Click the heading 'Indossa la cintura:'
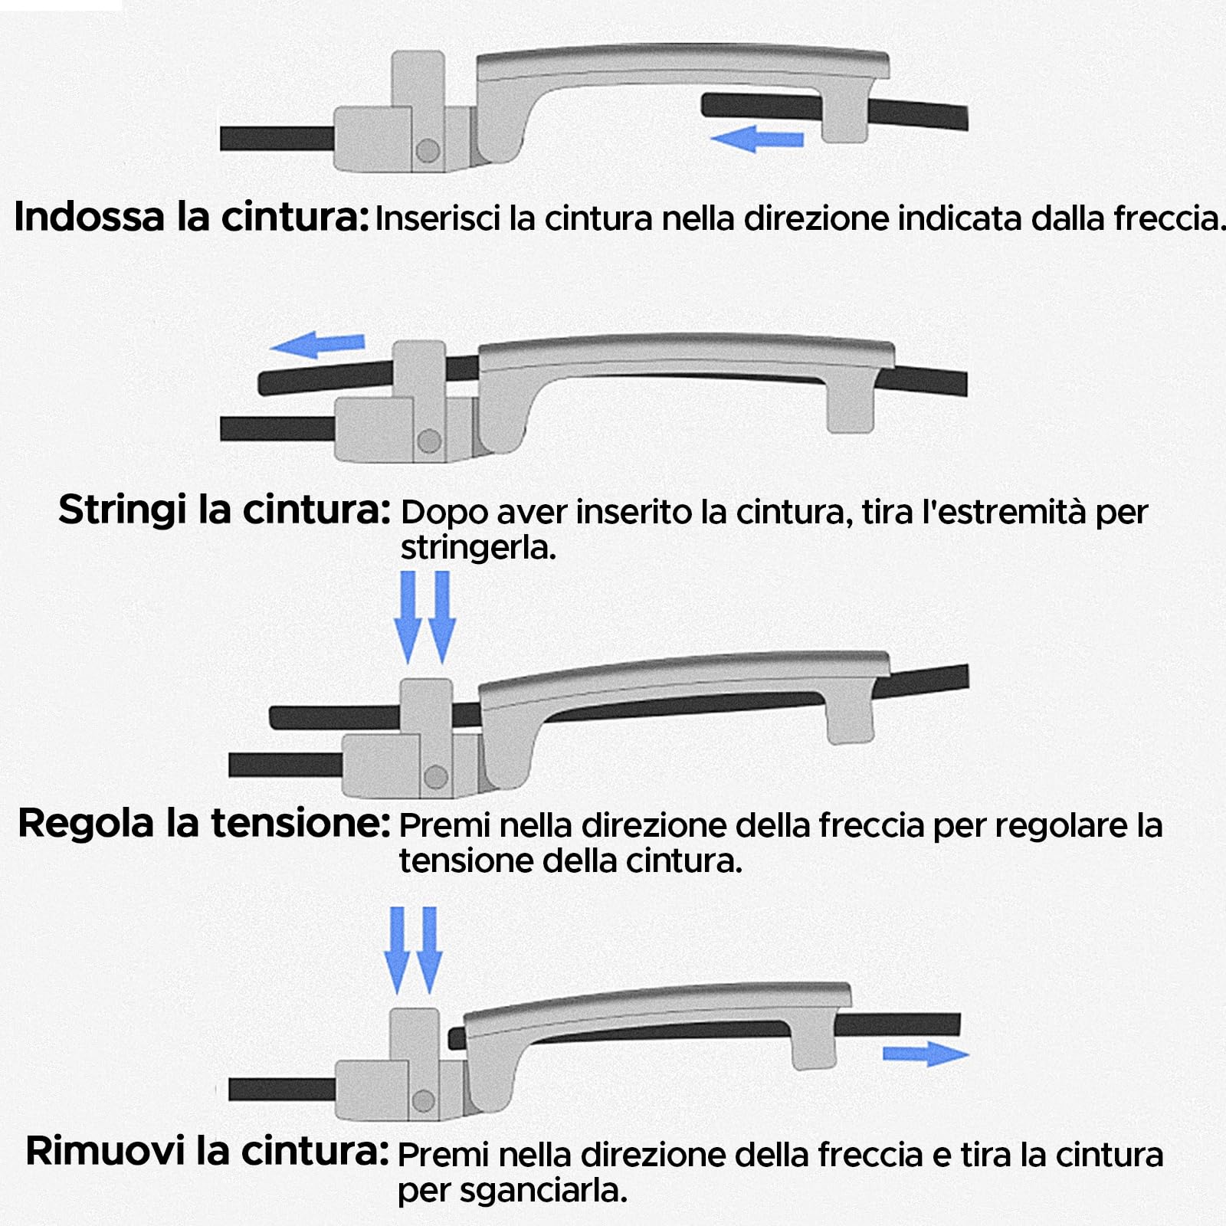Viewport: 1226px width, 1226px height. click(192, 217)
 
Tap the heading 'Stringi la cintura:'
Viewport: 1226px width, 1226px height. click(225, 510)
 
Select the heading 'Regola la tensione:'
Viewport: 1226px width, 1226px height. click(204, 824)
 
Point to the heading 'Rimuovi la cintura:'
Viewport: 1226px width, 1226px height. click(208, 1151)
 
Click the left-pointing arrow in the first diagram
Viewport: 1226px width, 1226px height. click(756, 139)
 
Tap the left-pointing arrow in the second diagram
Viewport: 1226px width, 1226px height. click(317, 345)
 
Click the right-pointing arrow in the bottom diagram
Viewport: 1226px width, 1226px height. click(926, 1054)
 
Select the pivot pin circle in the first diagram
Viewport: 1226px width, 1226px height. click(428, 150)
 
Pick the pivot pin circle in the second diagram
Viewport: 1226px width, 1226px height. click(429, 441)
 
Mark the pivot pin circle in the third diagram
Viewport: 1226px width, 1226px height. click(435, 777)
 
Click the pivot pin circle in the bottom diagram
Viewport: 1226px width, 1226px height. click(423, 1102)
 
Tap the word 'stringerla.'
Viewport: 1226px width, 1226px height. click(478, 548)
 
